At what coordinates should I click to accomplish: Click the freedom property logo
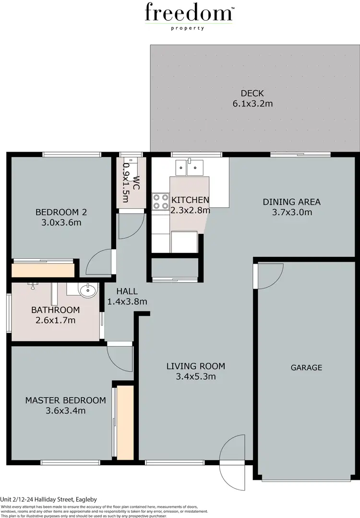189,15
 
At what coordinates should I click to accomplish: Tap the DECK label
252,93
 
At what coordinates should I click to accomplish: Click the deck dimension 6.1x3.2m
252,103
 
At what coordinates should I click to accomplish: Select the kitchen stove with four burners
160,202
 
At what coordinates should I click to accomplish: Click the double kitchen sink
191,167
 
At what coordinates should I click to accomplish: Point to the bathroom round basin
87,290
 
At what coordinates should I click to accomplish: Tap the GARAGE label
306,367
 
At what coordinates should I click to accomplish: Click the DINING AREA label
291,202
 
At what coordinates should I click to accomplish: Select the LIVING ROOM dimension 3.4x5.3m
195,376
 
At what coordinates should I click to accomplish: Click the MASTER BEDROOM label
65,400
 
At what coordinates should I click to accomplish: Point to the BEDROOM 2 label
61,212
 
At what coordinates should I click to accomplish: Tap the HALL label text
127,291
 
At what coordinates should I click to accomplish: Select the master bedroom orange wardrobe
125,422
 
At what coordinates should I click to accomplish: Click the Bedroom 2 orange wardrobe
43,270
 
